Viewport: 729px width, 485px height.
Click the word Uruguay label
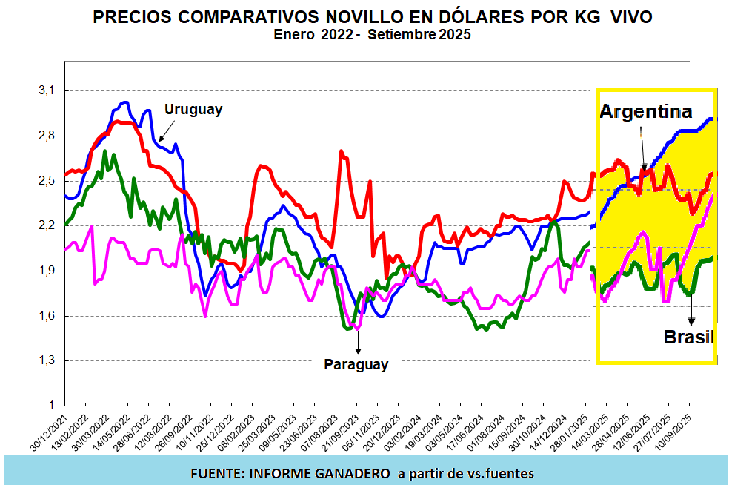tap(193, 109)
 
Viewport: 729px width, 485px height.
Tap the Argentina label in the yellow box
tap(645, 112)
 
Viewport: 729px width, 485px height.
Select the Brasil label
tap(688, 337)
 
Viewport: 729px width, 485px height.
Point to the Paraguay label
tap(356, 364)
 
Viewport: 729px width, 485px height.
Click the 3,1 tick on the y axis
tap(47, 90)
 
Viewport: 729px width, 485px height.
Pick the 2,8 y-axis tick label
tap(47, 136)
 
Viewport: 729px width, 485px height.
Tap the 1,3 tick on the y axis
tap(47, 360)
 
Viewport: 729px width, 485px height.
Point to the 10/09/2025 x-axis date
tap(679, 434)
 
